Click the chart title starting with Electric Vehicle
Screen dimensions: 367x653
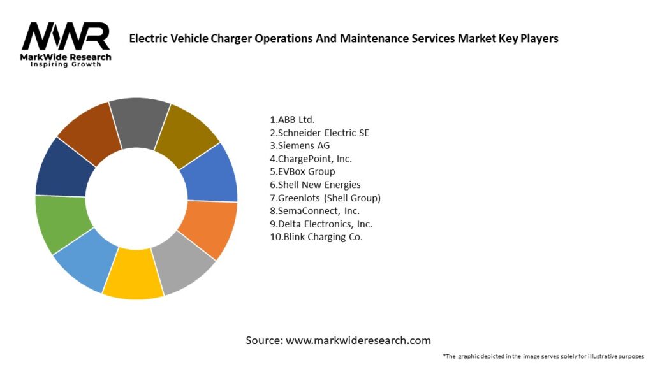[344, 38]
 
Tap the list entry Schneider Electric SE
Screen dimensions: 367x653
[319, 133]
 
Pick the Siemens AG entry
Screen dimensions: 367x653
[300, 145]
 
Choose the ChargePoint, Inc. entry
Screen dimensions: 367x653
[311, 159]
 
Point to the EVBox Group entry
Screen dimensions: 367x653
[302, 171]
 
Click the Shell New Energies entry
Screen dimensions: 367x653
[315, 185]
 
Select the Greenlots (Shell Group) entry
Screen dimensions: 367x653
[325, 198]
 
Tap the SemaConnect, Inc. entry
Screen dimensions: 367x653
[314, 211]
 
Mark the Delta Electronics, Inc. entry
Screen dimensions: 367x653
[321, 224]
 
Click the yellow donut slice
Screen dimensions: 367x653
[133, 277]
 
